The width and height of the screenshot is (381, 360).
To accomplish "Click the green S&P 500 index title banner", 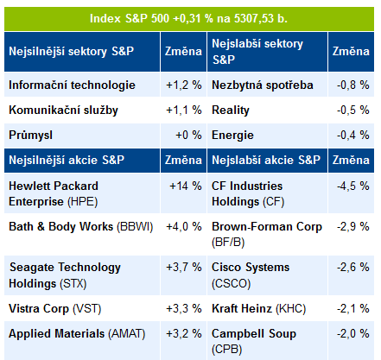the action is (189, 19).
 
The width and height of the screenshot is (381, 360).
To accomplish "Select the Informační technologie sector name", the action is (72, 85).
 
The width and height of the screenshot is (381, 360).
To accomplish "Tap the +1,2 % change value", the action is (184, 85).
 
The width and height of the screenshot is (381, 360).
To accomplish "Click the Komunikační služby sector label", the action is (63, 111).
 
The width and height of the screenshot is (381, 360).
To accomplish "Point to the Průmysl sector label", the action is (30, 135).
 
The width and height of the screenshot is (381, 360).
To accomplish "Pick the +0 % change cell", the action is (188, 135).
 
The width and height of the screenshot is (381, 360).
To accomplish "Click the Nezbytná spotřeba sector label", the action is (263, 85).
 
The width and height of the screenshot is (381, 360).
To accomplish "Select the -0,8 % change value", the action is (353, 85).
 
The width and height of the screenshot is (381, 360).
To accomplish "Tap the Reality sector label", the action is (231, 111).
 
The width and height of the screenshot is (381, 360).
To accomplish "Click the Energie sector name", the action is (232, 136).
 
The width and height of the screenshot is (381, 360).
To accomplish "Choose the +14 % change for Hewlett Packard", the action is (186, 186).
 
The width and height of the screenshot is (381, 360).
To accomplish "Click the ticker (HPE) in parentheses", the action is (83, 202).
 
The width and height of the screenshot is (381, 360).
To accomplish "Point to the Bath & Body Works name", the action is (61, 227).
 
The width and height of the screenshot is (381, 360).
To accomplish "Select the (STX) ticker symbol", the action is (73, 284).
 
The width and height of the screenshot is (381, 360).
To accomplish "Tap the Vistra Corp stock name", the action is (39, 309).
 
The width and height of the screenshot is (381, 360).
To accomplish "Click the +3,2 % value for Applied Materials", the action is (184, 334).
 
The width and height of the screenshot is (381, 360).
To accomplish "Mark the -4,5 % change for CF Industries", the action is (353, 186).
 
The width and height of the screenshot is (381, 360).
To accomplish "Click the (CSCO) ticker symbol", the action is (231, 284).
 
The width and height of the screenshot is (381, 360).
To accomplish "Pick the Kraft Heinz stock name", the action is (242, 309).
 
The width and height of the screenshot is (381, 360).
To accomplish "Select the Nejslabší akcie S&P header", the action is (266, 160).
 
